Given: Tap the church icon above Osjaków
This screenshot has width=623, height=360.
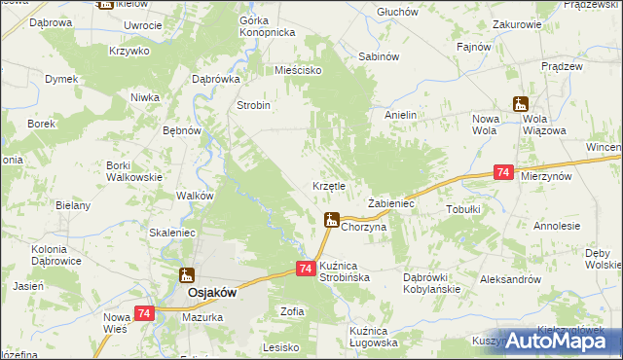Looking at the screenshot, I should point(185,275).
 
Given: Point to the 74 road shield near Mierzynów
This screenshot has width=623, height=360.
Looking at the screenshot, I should point(502,171).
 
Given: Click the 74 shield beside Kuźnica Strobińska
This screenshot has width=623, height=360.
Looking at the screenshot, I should point(305,268).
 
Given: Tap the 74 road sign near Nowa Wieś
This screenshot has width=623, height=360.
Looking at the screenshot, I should point(144,312).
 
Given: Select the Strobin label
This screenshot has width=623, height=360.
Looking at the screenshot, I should point(253,105).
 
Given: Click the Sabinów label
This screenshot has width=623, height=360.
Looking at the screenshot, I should point(380,56).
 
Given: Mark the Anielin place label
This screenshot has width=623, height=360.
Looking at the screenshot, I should point(400,115).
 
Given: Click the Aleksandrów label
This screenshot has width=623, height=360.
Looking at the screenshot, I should point(510,278).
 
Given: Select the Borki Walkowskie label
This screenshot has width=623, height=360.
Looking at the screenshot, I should point(133,171).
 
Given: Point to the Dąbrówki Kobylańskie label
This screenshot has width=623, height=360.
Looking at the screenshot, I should point(431,283).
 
